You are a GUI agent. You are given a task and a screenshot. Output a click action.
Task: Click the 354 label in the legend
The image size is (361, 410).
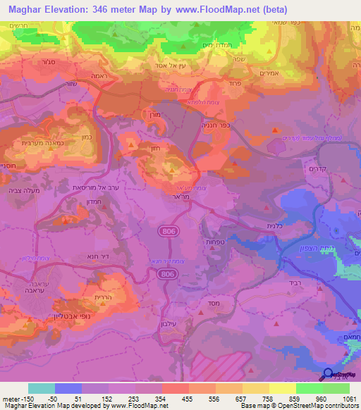[x=161, y=398]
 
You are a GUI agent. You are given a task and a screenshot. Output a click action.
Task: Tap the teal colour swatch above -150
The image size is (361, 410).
[x=42, y=388]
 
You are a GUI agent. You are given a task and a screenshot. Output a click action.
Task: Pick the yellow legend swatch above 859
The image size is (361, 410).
[x=283, y=388]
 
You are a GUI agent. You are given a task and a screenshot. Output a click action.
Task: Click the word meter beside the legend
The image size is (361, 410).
[x=9, y=398]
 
